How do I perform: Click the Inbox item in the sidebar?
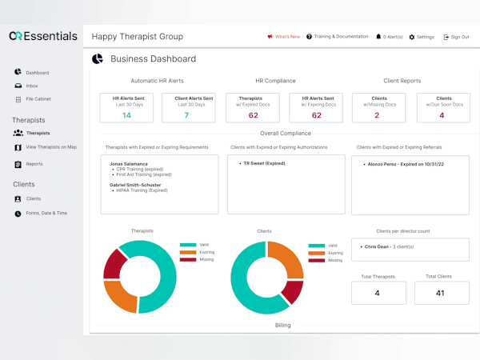31,86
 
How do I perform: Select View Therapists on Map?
50,147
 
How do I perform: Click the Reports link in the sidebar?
34,164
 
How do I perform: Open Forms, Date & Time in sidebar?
46,213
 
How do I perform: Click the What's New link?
286,37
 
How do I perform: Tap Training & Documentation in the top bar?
341,37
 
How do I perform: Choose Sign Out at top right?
458,37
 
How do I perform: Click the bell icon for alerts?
378,37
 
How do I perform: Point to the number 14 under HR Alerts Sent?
126,115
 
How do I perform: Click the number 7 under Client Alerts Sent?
187,115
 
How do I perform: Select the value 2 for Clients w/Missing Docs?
377,115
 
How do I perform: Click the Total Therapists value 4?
378,293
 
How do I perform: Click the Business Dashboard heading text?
153,58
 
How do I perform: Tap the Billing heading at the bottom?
283,326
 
